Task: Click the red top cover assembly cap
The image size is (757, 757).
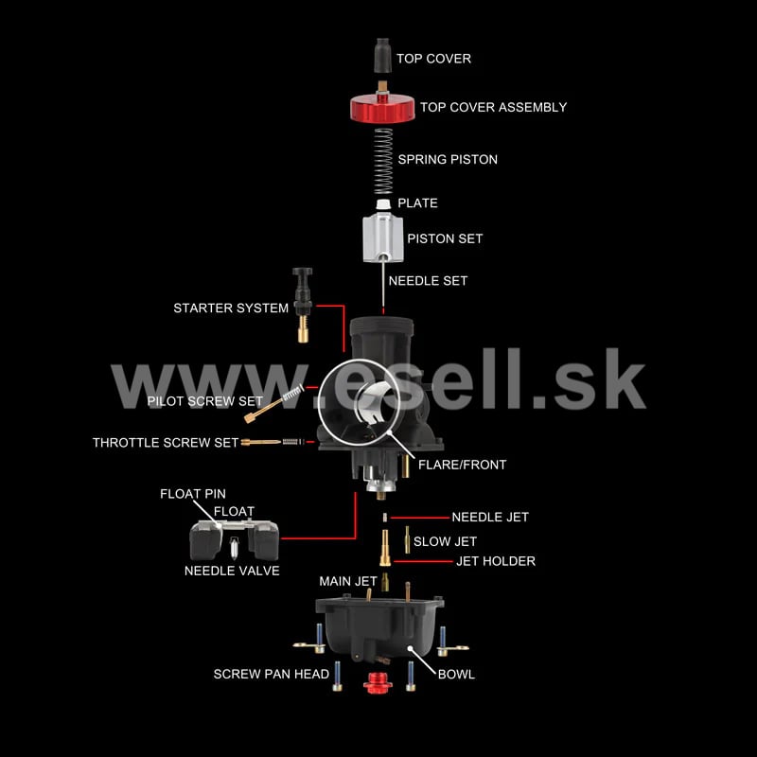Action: point(382,108)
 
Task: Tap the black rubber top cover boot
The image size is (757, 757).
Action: point(383,56)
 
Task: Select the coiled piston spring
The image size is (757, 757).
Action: point(383,161)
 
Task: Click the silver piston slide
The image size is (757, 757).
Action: point(383,239)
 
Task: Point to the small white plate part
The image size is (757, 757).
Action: point(383,203)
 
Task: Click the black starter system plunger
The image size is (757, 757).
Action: point(303,305)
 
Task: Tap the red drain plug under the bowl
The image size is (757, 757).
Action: point(378,682)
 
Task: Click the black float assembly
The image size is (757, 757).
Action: point(234,538)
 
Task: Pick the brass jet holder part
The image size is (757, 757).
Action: point(385,548)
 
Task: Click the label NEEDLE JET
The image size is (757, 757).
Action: point(490,517)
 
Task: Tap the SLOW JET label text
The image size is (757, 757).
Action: point(445,541)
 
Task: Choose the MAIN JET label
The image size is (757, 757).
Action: point(348,581)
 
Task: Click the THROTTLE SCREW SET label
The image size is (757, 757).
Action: point(166,443)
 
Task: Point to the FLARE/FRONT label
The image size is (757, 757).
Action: point(462,465)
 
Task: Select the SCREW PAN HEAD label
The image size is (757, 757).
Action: point(272,674)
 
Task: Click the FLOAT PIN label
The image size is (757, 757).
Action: point(193,494)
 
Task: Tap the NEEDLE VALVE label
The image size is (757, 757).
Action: point(232,571)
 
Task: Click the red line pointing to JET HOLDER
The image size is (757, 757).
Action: point(423,561)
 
